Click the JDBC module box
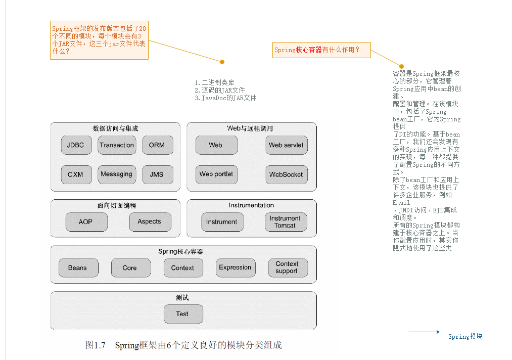point(75,145)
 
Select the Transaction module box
point(117,145)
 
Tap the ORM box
point(157,145)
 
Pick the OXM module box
point(75,174)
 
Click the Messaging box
point(116,174)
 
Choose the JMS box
point(157,174)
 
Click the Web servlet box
point(286,145)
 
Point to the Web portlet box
point(216,174)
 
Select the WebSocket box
point(286,174)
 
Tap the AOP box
point(86,222)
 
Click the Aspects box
point(149,222)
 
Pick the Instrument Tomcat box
point(285,222)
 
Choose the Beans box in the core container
point(77,268)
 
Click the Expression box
point(235,268)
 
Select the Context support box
point(287,268)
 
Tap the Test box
point(182,314)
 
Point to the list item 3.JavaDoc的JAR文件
point(225,98)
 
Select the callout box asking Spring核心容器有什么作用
point(321,50)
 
